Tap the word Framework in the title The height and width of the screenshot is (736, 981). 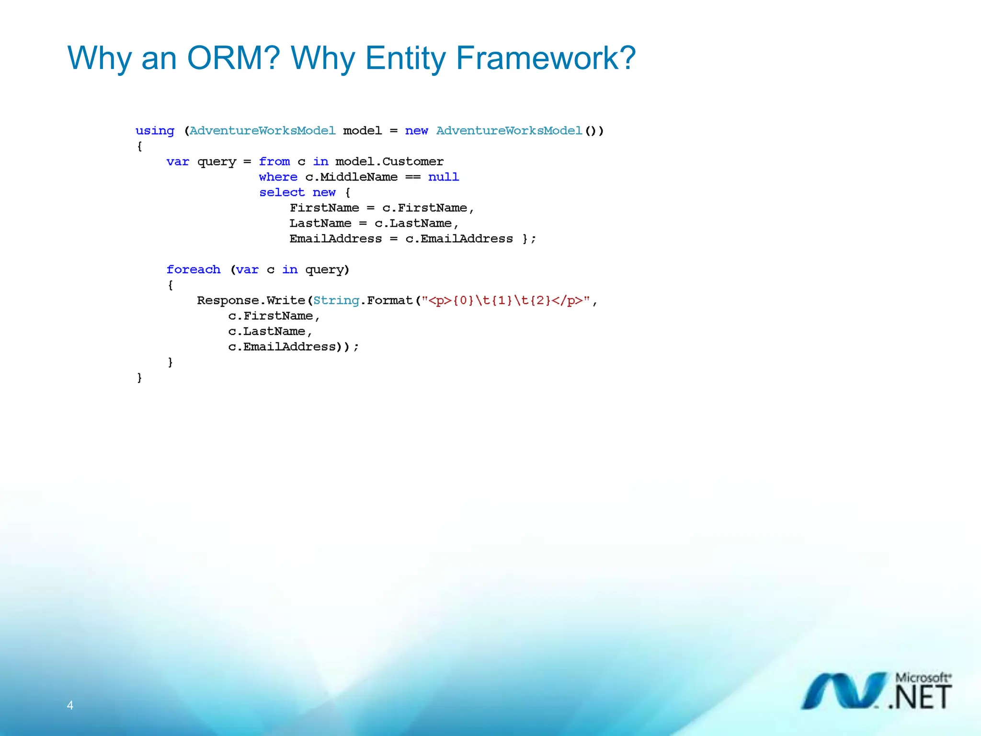(545, 58)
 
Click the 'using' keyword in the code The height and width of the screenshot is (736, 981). (155, 131)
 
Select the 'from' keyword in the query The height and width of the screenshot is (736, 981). (274, 161)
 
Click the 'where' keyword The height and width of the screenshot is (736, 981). (278, 177)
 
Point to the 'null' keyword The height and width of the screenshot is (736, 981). (443, 177)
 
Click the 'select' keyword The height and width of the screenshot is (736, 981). (282, 192)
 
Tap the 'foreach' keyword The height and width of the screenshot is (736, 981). (194, 269)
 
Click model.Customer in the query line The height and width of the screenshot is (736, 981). (389, 161)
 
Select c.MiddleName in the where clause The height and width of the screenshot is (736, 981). (351, 177)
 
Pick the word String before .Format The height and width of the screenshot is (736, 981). (336, 300)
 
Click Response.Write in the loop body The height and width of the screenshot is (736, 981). (251, 300)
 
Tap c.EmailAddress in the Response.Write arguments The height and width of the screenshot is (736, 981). (282, 346)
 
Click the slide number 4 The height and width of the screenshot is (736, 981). (70, 705)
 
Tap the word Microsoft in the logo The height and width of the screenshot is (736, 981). (922, 678)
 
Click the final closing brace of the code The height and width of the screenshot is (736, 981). (139, 378)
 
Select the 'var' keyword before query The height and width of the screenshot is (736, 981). (178, 161)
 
